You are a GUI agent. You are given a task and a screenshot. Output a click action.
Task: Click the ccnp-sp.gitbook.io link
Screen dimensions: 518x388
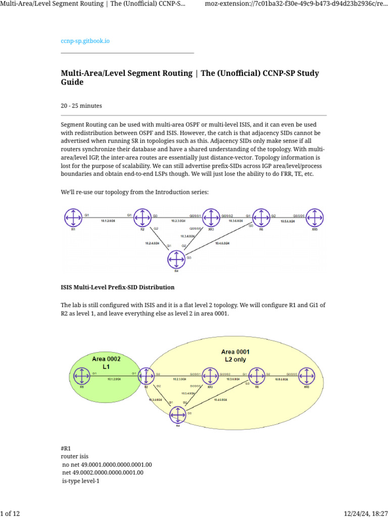tap(85, 41)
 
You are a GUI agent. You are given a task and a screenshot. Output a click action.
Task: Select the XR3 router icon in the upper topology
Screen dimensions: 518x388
tap(211, 218)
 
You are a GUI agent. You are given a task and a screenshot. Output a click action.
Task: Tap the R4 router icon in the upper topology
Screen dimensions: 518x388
tap(176, 260)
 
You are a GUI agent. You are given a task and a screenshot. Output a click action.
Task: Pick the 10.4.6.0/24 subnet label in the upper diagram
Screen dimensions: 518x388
tap(222, 243)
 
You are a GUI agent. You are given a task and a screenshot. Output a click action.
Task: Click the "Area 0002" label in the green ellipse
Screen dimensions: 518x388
tap(106, 359)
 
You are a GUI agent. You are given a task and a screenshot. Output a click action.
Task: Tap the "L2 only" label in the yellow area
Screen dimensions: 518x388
tap(235, 359)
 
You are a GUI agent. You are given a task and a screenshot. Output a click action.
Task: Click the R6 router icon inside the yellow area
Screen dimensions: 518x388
tap(257, 376)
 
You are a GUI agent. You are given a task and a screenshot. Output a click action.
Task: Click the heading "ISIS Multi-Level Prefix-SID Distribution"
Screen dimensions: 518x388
tap(118, 287)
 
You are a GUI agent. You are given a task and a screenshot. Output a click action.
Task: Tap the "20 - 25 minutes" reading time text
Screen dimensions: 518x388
tap(81, 106)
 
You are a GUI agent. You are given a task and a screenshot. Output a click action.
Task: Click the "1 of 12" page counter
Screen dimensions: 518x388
tap(10, 514)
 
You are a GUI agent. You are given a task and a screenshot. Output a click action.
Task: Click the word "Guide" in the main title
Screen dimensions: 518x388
tap(72, 82)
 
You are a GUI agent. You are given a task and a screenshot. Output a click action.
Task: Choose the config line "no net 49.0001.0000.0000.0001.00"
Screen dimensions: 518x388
tap(107, 464)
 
